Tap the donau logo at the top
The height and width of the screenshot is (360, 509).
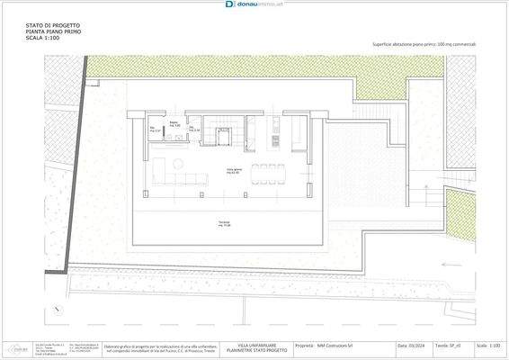254,4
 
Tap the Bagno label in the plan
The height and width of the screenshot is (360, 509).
174,124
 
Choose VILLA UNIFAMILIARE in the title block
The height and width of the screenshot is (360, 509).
255,345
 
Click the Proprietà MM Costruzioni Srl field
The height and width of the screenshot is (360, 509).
332,345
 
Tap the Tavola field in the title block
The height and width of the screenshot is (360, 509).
445,345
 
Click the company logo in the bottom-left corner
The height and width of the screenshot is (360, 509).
16,346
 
